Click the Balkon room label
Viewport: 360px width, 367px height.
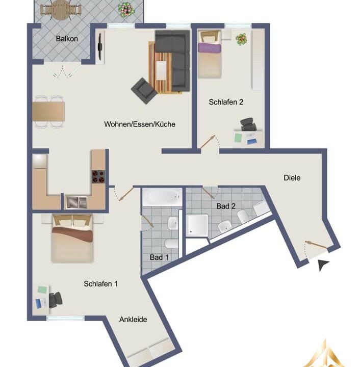67,39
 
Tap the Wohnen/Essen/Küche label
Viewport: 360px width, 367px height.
140,124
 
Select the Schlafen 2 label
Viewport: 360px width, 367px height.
226,102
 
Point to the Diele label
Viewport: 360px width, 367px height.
292,178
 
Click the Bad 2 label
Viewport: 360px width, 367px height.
226,206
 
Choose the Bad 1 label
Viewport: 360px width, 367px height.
159,257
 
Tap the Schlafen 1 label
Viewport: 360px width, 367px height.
100,284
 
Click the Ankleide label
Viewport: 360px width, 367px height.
133,320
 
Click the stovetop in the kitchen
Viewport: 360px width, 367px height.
98,177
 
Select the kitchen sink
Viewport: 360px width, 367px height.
76,202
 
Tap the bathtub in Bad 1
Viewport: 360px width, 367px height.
162,197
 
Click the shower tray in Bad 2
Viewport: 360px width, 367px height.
197,225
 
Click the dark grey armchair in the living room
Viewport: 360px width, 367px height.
144,91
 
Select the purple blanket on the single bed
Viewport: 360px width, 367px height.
210,47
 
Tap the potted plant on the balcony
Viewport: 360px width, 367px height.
126,10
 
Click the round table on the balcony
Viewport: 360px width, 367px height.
61,10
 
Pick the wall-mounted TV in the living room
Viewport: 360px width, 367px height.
100,46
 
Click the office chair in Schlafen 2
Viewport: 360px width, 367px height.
248,124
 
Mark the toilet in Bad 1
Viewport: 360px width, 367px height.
172,244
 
